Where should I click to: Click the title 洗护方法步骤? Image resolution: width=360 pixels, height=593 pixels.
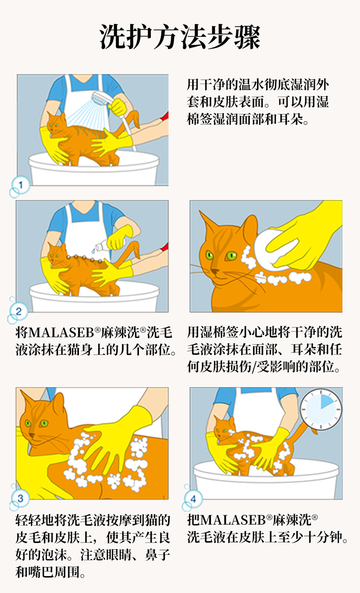[180, 37]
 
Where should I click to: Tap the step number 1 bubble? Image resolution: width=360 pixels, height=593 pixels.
[21, 184]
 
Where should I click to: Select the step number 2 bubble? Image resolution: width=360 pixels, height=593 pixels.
[19, 311]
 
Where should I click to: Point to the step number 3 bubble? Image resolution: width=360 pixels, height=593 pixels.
[20, 498]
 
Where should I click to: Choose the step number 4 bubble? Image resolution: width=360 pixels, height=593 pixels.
[193, 499]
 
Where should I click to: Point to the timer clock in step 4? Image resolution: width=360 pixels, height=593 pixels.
[321, 409]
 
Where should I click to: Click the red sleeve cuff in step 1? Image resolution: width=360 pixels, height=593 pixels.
[165, 116]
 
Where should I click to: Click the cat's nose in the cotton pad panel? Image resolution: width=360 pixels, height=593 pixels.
[215, 271]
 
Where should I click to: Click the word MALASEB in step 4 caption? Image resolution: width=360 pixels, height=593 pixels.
[233, 520]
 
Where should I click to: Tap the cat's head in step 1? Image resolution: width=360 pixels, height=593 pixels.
[56, 123]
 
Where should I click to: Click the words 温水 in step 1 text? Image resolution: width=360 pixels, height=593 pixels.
[245, 85]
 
